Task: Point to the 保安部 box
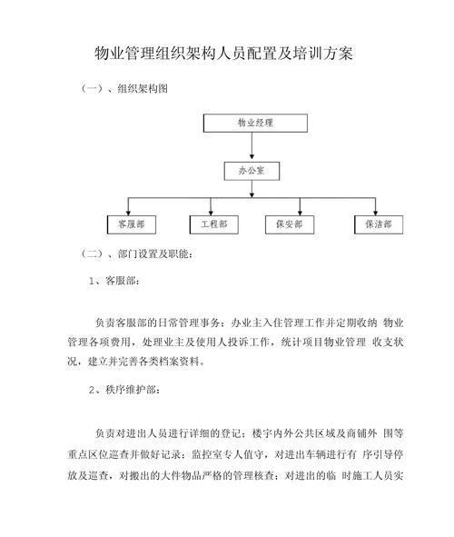click(292, 223)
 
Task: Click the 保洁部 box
click(376, 223)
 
